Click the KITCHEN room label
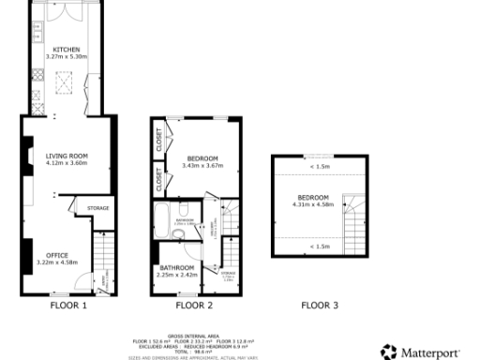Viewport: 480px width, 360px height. pos(66,49)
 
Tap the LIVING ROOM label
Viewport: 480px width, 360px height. pos(67,156)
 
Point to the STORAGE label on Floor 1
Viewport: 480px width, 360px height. pos(98,208)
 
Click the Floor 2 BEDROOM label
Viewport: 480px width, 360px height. pos(202,158)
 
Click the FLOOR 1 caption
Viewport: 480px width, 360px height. pos(67,306)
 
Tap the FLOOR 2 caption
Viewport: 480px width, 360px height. pos(194,306)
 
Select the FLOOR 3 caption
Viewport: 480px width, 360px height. pos(320,306)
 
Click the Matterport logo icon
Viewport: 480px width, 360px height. pos(388,352)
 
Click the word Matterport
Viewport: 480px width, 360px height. pos(430,352)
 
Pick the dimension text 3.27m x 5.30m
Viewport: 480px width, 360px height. pos(66,56)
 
